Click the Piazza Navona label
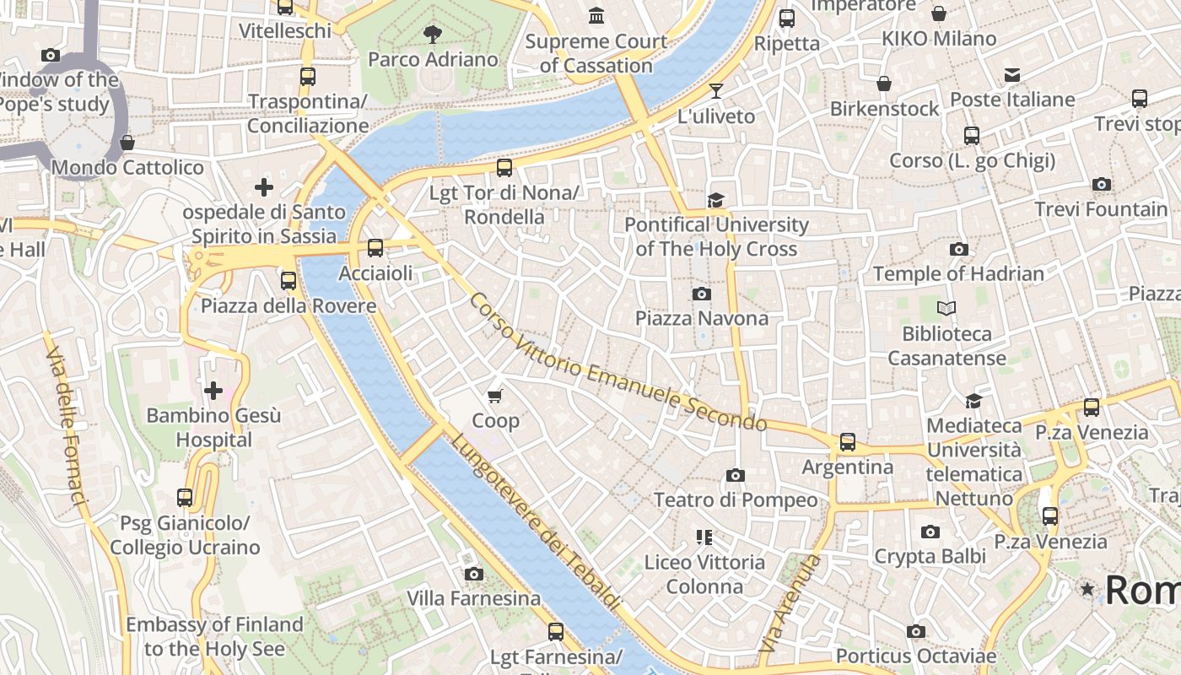[701, 318]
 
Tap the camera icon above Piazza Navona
[701, 294]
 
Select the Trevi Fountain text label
[1101, 208]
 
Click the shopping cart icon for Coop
[495, 395]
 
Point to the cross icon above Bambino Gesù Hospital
[213, 390]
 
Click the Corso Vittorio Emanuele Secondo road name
[617, 363]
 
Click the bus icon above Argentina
[848, 441]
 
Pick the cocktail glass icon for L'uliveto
[716, 90]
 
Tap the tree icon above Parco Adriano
[433, 35]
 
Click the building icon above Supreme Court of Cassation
[596, 15]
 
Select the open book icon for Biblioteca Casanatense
[946, 309]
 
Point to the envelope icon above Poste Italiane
[1012, 75]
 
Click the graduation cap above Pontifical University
[716, 200]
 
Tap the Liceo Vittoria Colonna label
[704, 574]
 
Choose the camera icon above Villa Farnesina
[474, 574]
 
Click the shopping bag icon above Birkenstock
[883, 84]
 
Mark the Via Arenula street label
[790, 603]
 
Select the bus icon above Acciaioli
[375, 248]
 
